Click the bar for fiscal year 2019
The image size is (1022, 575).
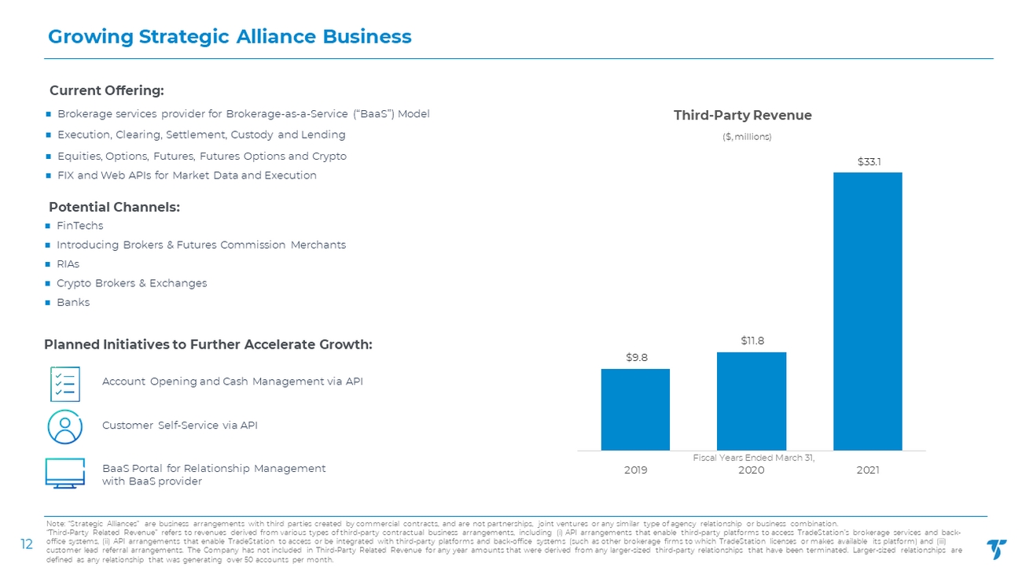click(635, 409)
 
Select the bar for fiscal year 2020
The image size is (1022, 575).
click(752, 400)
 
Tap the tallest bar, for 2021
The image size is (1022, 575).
click(867, 311)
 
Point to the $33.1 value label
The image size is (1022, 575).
click(868, 161)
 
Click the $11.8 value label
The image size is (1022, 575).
click(752, 341)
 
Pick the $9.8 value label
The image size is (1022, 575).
click(636, 357)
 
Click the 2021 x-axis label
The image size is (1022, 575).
click(868, 470)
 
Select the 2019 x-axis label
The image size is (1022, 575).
click(635, 470)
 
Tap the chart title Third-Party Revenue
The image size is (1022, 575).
click(742, 116)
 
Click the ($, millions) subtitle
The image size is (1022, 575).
click(742, 137)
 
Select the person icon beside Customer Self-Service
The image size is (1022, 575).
click(64, 426)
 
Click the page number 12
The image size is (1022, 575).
click(25, 543)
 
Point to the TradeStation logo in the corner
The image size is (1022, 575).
click(995, 549)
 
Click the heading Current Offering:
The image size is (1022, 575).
click(107, 90)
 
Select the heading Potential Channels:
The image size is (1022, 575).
click(115, 208)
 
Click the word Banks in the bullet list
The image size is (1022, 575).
click(73, 303)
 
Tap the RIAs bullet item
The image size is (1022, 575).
click(68, 264)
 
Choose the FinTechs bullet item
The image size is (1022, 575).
click(79, 226)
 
